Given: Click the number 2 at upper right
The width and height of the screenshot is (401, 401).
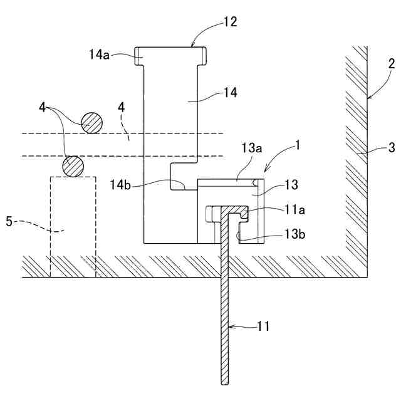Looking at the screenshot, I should click(x=391, y=63).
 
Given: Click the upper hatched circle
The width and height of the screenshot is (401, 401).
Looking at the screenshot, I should click(x=91, y=122).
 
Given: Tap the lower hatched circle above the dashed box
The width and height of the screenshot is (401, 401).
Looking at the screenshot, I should click(x=73, y=166).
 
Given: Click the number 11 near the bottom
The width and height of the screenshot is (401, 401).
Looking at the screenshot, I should click(x=265, y=326).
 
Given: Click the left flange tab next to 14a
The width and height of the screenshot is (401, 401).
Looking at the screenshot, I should click(x=139, y=56).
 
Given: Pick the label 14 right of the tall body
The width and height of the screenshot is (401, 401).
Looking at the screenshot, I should click(x=231, y=92).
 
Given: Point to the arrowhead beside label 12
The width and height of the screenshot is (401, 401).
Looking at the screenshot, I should click(x=193, y=44).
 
